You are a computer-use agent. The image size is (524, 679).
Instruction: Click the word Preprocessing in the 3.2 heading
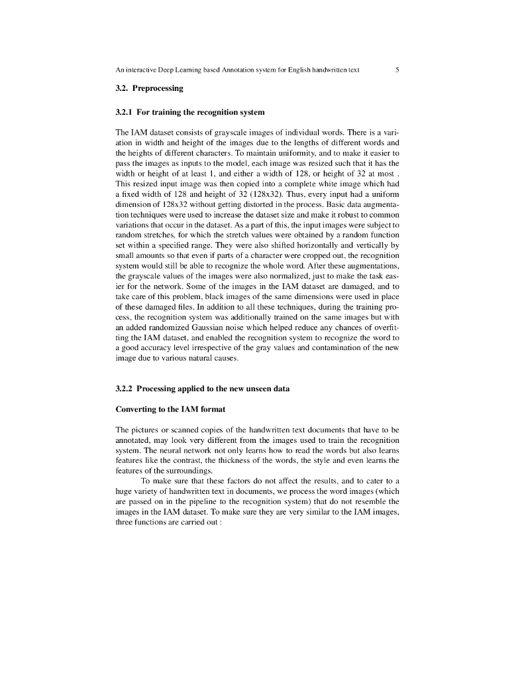158,88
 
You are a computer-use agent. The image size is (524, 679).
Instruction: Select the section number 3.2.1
124,112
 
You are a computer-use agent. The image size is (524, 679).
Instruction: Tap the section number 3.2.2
124,388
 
